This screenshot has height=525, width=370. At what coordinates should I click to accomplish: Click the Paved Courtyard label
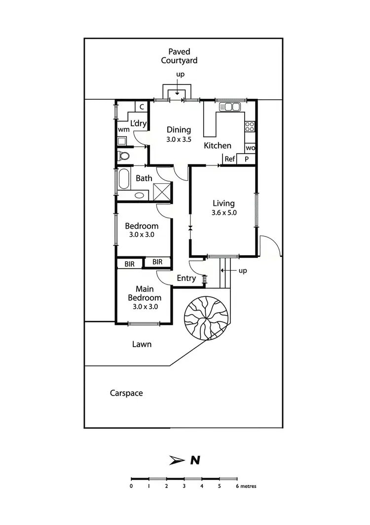(179, 56)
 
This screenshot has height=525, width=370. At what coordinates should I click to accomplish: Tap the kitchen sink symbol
(229, 106)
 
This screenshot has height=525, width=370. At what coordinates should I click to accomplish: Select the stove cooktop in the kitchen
(250, 126)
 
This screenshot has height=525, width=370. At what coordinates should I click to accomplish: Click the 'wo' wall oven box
(250, 148)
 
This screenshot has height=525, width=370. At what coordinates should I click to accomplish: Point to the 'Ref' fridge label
(229, 159)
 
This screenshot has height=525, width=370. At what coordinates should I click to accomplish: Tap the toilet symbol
(123, 157)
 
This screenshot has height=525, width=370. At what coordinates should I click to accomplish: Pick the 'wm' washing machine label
(123, 129)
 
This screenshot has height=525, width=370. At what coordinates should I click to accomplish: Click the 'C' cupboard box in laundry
(141, 106)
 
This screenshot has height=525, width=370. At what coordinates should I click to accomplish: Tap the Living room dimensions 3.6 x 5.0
(223, 213)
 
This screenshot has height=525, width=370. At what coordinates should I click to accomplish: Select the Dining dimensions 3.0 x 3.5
(179, 140)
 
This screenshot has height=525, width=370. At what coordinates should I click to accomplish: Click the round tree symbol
(206, 318)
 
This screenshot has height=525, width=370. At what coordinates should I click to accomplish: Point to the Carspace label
(126, 393)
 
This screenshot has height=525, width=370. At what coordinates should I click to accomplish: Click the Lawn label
(142, 344)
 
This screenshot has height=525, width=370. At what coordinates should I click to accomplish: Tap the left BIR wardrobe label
(129, 264)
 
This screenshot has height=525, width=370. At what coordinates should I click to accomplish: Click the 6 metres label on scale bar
(246, 486)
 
